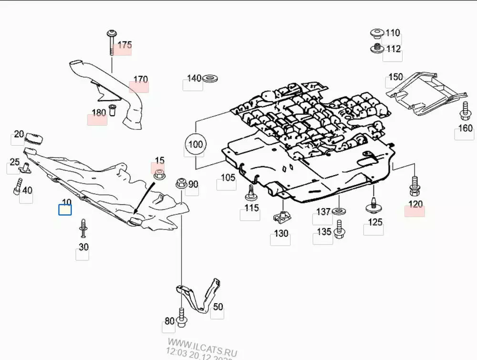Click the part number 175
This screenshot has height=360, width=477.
[124, 45]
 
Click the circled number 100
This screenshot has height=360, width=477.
[195, 144]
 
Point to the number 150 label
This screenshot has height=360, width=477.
[395, 77]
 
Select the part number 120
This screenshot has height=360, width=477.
[415, 205]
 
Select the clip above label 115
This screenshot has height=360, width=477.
[249, 192]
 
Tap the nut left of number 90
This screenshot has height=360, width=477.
[181, 183]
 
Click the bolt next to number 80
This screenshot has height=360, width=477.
[181, 318]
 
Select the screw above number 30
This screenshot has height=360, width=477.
[84, 228]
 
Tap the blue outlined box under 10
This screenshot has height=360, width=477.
[65, 209]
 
